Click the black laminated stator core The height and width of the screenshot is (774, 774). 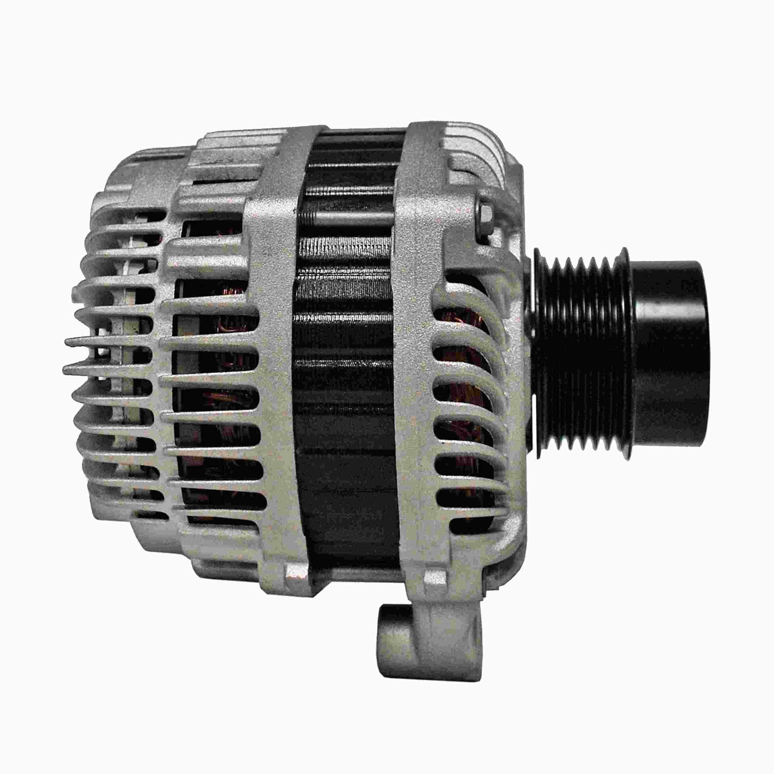pyautogui.click(x=349, y=361)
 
